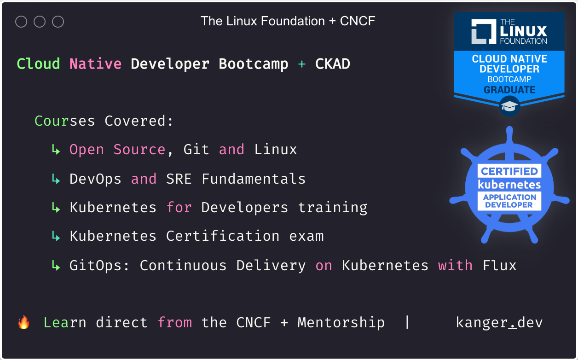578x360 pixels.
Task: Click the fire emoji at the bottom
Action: point(23,322)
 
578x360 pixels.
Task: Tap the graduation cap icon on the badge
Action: point(509,106)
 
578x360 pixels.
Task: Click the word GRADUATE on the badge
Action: point(509,89)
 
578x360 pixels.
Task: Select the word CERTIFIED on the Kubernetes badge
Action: point(509,171)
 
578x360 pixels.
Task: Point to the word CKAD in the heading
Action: point(332,64)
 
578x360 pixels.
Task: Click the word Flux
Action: point(499,266)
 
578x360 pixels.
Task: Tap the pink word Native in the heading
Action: point(95,64)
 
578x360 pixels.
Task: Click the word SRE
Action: point(179,179)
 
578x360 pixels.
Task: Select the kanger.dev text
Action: point(499,322)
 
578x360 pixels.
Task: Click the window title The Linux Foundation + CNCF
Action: point(288,21)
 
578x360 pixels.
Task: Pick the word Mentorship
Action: point(341,322)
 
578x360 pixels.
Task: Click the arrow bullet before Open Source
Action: point(56,150)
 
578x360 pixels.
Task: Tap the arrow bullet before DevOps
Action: point(56,179)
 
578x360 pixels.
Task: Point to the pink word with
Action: point(455,266)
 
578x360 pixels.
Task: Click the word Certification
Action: point(222,236)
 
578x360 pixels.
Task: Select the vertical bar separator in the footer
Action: point(407,322)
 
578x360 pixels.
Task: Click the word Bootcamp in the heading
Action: point(253,64)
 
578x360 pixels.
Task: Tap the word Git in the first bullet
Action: point(196,150)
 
